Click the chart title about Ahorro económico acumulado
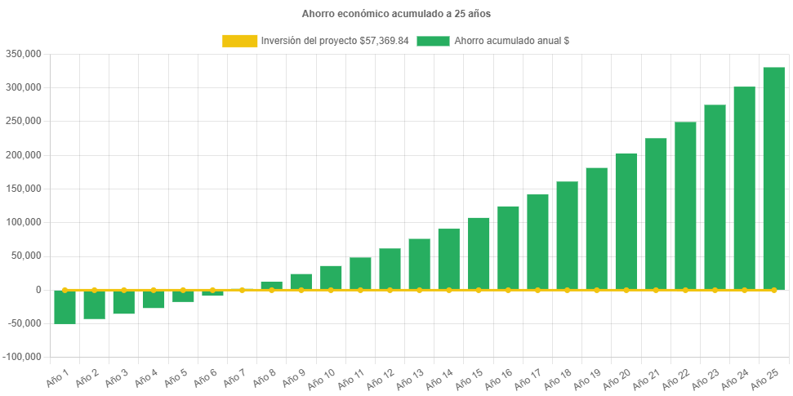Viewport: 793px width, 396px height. point(396,14)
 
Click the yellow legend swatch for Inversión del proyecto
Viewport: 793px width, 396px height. point(239,41)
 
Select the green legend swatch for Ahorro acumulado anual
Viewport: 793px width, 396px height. point(433,41)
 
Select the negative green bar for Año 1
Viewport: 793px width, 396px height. point(65,307)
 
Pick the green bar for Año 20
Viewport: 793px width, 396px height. point(626,221)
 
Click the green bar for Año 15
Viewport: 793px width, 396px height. point(479,253)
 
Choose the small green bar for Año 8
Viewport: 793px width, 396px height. point(271,285)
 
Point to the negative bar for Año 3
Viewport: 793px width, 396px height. point(123,302)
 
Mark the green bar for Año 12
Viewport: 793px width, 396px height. point(390,269)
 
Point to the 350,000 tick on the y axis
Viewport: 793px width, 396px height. point(24,54)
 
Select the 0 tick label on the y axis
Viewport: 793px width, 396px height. point(38,290)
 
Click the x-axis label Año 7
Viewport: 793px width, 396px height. point(233,377)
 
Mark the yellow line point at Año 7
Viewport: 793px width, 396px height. point(242,290)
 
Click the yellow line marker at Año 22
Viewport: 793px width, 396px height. point(685,290)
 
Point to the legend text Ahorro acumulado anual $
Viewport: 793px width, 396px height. point(511,41)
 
